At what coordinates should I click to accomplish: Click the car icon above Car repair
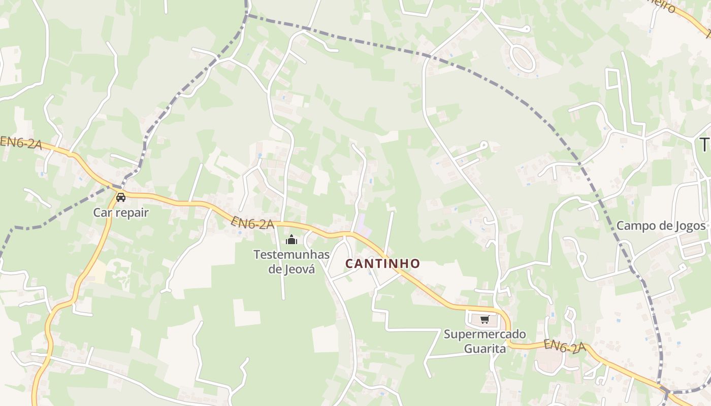pos(121,197)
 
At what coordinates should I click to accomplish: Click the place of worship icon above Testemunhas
pos(292,240)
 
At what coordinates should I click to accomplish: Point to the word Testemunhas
pos(292,254)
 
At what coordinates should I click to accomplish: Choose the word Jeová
pos(300,269)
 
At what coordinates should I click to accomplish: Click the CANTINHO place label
pos(382,263)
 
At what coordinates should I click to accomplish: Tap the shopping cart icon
pos(484,320)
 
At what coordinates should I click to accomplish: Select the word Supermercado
pos(484,334)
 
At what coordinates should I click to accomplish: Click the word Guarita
pos(484,349)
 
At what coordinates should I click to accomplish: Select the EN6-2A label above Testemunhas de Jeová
pos(252,223)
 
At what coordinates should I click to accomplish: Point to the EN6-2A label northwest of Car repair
pos(21,143)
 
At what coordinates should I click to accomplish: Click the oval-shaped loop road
pos(522,57)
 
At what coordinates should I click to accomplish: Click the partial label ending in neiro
pos(663,6)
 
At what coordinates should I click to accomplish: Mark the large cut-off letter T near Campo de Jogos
pos(705,145)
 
